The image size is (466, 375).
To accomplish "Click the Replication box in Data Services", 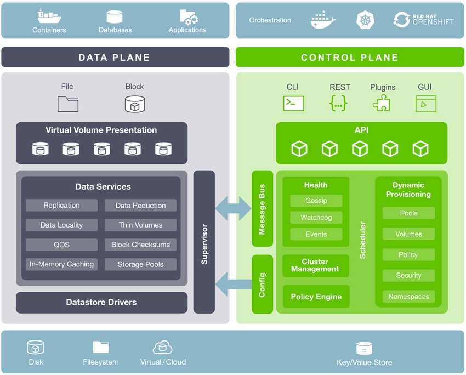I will [61, 206].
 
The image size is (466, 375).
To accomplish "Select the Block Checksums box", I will [140, 245].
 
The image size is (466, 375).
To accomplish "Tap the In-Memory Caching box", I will [61, 264].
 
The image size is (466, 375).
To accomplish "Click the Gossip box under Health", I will [316, 201].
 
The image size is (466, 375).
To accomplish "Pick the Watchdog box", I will [316, 218].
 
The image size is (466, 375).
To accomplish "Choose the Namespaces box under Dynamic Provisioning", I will [408, 297].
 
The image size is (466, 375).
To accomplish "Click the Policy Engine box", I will [316, 297].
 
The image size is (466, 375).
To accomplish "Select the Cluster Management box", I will [315, 265].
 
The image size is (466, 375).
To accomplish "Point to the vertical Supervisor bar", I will [204, 242].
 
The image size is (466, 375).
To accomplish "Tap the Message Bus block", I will [262, 209].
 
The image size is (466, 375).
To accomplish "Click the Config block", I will [262, 284].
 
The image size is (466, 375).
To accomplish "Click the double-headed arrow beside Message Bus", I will [233, 208].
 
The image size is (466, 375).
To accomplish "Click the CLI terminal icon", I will [293, 103].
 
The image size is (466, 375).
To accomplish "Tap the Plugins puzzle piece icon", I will [382, 103].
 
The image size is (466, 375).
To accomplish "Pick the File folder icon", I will [68, 104].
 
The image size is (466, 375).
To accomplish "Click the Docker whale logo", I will [323, 20].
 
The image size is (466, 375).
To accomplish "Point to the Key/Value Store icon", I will [364, 348].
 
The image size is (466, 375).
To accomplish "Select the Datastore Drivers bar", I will [101, 302].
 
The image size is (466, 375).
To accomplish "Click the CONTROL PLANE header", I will [350, 58].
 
